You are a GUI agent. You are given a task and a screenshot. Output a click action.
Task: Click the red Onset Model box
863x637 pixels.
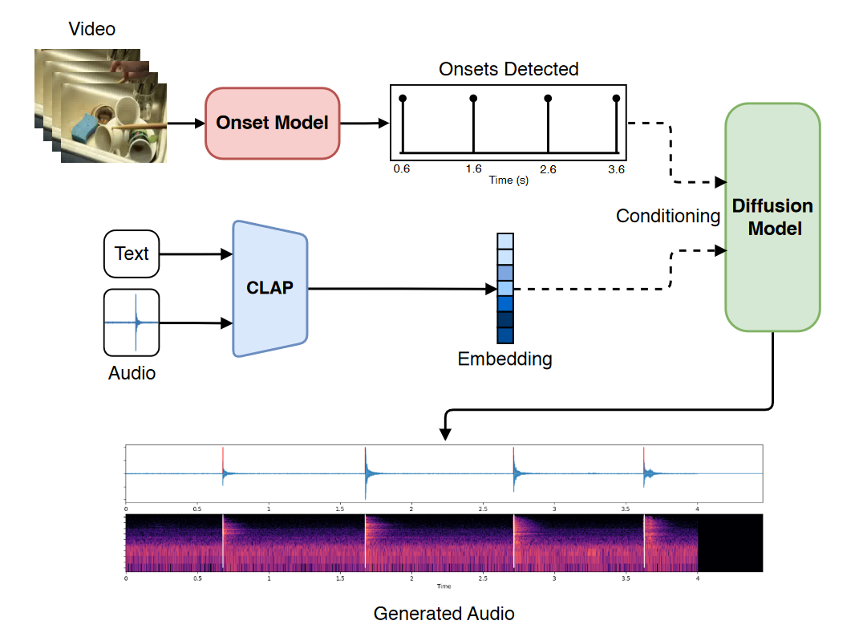273,123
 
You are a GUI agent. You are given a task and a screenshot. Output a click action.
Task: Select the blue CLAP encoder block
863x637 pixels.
269,288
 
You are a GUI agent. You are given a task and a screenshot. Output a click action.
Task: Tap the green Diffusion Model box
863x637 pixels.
772,217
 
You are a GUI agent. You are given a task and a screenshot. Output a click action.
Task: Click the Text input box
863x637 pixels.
132,254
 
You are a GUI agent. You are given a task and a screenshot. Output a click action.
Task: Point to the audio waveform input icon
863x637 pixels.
132,323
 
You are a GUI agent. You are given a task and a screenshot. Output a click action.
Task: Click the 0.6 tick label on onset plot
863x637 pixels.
401,169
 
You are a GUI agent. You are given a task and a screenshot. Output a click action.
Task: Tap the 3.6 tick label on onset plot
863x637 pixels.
616,169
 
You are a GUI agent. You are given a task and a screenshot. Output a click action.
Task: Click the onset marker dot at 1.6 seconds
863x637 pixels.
473,99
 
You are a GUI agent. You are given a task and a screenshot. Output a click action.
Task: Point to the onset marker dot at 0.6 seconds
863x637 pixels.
403,99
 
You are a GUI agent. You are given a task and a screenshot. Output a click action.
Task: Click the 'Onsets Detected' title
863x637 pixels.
508,69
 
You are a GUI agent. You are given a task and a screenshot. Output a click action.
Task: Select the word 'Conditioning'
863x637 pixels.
668,216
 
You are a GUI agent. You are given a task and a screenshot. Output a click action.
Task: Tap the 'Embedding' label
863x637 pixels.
504,359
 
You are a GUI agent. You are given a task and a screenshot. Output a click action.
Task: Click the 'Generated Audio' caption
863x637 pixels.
444,615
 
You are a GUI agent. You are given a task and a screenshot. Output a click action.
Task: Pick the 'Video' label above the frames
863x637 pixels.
92,30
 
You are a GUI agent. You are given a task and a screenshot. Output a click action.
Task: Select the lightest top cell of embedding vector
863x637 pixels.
504,241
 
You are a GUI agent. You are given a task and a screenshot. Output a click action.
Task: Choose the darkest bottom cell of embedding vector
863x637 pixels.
504,335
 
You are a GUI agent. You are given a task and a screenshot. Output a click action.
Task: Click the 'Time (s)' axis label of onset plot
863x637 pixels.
508,181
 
